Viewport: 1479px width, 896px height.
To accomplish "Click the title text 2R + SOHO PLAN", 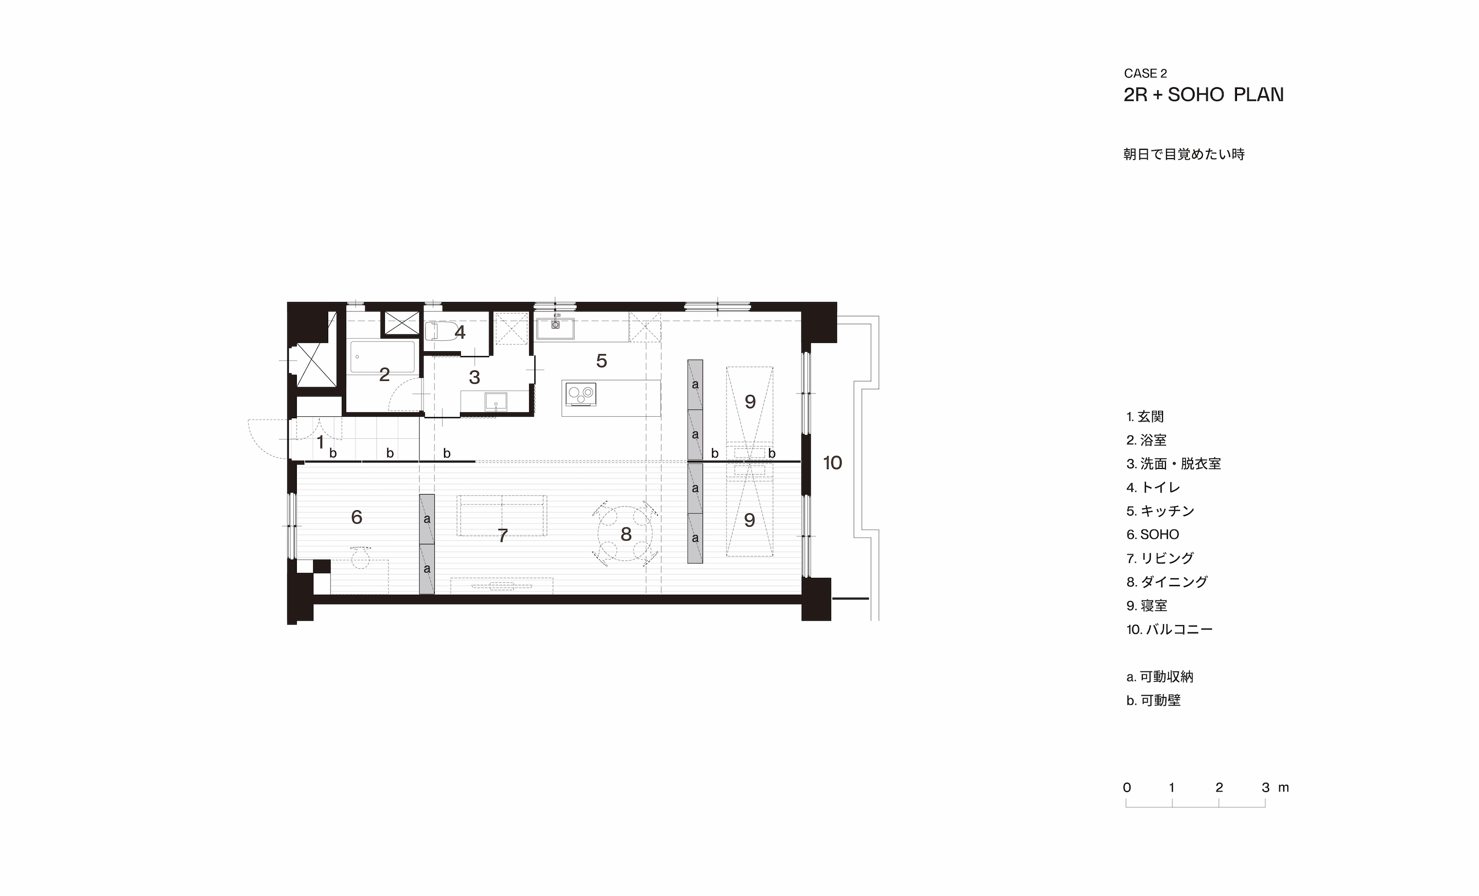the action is (1203, 95).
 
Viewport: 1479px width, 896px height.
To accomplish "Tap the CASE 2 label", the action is (1145, 73).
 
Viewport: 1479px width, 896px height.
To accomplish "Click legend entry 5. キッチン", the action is (1160, 511).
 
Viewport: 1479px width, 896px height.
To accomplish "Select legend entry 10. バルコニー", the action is (1169, 629).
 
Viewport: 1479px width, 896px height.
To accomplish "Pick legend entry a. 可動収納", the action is (1160, 676).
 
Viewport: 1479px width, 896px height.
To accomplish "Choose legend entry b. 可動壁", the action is (1153, 700).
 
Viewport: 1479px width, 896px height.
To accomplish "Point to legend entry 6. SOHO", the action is (1153, 534).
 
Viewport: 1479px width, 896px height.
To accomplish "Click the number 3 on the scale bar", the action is (1266, 788).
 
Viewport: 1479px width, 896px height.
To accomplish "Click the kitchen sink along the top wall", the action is (555, 329).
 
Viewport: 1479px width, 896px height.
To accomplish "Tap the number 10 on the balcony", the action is (832, 463).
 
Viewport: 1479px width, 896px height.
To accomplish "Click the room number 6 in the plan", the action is (356, 517).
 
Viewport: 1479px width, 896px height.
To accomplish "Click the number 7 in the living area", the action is (503, 535).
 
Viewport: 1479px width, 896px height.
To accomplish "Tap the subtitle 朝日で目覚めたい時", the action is (1184, 154).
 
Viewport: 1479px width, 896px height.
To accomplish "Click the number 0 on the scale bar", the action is (1127, 788).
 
